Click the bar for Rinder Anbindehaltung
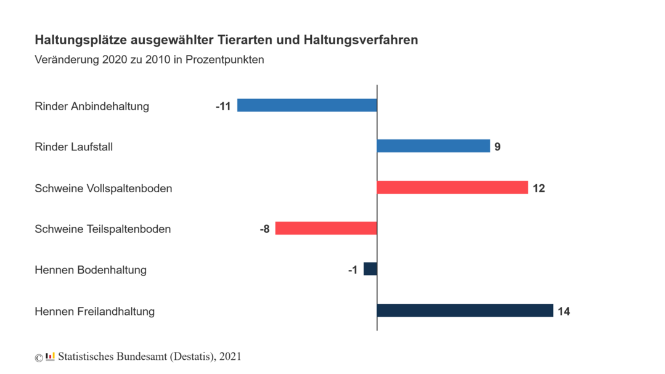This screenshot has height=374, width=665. click(x=307, y=105)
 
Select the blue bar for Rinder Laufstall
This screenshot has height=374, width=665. click(x=433, y=146)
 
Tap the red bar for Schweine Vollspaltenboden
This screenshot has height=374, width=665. click(x=452, y=187)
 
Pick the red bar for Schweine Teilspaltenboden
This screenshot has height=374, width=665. click(x=326, y=228)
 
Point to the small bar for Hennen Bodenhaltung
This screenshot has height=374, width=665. click(x=370, y=269)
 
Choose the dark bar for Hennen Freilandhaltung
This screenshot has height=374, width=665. click(x=465, y=311)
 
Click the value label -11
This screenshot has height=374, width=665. click(x=223, y=106)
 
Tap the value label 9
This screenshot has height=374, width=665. click(x=497, y=147)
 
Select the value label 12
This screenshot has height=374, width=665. click(x=539, y=188)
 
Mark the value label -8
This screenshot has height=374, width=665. click(x=264, y=229)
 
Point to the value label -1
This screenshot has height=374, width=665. click(x=352, y=270)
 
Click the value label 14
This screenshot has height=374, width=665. click(x=563, y=311)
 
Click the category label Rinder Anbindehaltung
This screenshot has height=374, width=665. click(x=92, y=106)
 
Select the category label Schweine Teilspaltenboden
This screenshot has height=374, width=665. click(x=103, y=229)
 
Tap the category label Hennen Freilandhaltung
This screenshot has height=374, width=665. click(x=95, y=311)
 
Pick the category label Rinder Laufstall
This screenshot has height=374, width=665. click(x=74, y=147)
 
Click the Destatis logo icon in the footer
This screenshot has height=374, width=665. click(x=50, y=356)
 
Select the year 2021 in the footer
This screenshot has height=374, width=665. click(x=230, y=356)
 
